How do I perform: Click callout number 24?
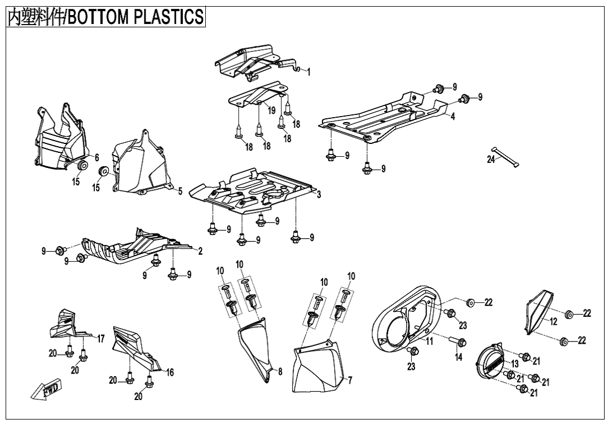point(490,160)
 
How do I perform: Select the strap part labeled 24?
point(505,157)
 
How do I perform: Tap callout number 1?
point(308,72)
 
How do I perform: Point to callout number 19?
point(271,110)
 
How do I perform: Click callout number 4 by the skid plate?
point(452,117)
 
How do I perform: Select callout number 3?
point(319,195)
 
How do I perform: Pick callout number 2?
point(200,250)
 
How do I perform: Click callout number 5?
point(180,191)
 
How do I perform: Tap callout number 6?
point(96,158)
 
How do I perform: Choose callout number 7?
point(349,380)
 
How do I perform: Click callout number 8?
point(279,371)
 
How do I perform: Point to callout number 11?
point(430,341)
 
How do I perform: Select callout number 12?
point(553,322)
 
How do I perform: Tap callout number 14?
point(458,358)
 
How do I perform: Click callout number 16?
point(170,372)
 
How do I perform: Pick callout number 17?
point(101,338)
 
